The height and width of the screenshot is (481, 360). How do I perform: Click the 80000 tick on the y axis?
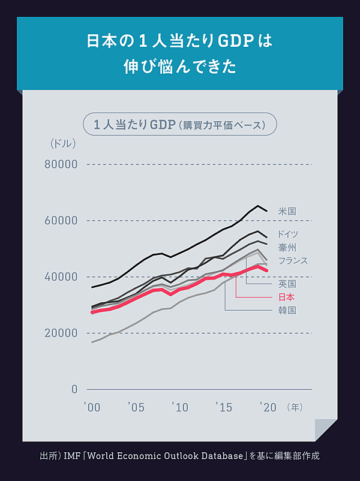(61, 164)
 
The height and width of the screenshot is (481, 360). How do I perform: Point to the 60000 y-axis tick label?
(61, 221)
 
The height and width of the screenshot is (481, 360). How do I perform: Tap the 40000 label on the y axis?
(61, 277)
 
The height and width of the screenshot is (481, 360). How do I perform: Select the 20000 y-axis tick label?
(61, 333)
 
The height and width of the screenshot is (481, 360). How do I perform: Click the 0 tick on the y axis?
(74, 389)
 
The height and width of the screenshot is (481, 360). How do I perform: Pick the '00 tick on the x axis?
(92, 408)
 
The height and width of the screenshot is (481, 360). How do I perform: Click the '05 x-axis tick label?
(136, 408)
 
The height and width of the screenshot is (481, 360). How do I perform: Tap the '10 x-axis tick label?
(180, 408)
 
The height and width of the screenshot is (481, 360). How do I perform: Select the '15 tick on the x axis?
(223, 408)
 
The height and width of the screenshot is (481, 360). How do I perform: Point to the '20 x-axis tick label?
(268, 408)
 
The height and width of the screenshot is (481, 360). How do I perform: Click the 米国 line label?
(287, 211)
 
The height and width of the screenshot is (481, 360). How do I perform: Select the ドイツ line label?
(288, 235)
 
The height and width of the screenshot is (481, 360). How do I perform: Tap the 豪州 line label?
(287, 248)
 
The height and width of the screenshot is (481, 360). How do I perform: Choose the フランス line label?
(293, 261)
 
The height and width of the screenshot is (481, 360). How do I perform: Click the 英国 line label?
(287, 284)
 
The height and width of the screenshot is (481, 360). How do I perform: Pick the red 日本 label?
(287, 297)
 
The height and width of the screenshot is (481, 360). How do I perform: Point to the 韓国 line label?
(287, 310)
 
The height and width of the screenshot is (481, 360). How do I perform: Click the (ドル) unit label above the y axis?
(62, 143)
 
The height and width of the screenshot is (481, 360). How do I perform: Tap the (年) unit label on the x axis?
(295, 408)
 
